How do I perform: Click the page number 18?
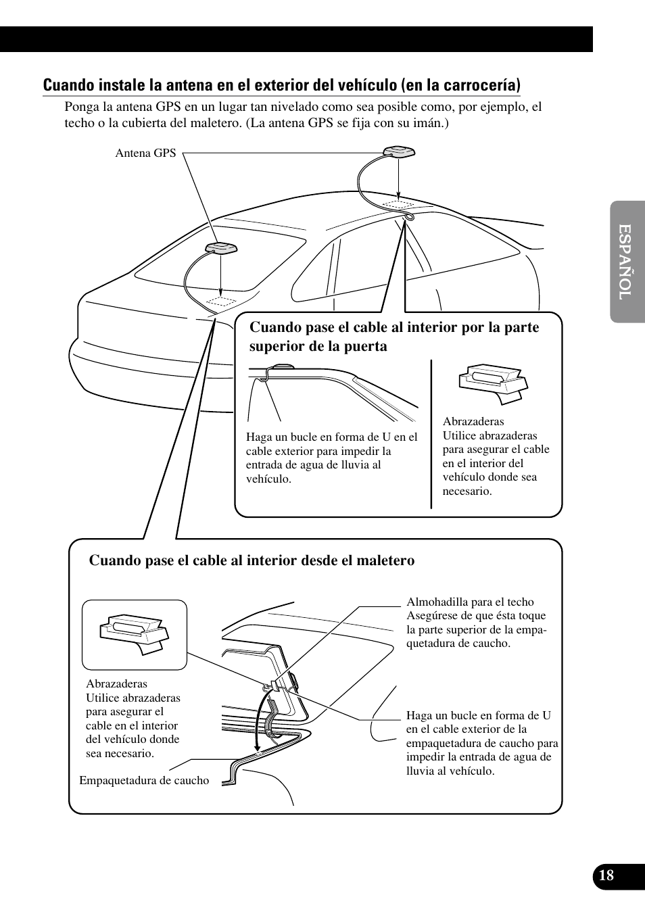(x=606, y=875)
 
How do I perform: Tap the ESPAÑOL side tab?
(x=626, y=262)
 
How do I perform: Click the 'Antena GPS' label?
(x=145, y=153)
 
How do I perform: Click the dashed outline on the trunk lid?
(x=222, y=301)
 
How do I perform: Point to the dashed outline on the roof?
(x=398, y=203)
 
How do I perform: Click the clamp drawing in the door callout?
(x=493, y=384)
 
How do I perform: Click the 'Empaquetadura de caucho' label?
(x=144, y=780)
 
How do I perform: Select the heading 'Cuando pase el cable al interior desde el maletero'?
(x=252, y=560)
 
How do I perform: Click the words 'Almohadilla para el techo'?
(x=470, y=602)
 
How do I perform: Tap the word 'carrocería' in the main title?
(x=483, y=85)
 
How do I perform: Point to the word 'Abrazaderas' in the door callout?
(x=473, y=421)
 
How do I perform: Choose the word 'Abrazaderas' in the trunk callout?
(x=116, y=683)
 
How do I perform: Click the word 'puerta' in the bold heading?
(x=366, y=346)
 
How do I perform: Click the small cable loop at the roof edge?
(x=410, y=217)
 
